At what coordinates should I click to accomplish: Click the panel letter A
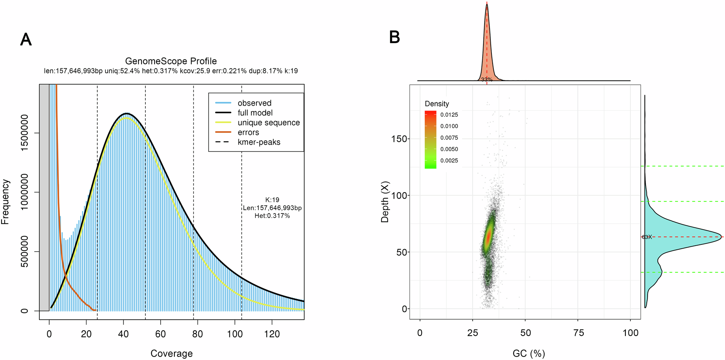[26, 40]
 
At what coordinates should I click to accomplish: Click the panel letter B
[394, 37]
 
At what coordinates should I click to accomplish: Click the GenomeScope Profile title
[171, 61]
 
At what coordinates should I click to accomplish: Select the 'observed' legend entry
[254, 103]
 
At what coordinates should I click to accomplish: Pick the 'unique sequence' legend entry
[268, 122]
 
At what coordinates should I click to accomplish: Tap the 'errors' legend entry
[248, 132]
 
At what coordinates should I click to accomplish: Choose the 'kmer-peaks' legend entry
[259, 142]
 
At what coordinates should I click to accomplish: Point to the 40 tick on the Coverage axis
[123, 334]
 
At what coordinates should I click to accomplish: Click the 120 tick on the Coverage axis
[272, 334]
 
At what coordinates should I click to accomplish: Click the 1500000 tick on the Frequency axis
[24, 133]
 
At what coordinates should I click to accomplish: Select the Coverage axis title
[171, 354]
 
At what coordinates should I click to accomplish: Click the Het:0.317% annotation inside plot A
[272, 216]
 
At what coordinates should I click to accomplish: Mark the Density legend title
[437, 104]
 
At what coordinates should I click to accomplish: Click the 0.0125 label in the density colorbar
[449, 115]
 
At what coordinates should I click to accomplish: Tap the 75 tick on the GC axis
[578, 333]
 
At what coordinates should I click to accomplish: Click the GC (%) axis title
[528, 354]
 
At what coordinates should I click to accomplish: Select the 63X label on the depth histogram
[646, 237]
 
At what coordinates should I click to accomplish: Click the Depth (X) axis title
[385, 202]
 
